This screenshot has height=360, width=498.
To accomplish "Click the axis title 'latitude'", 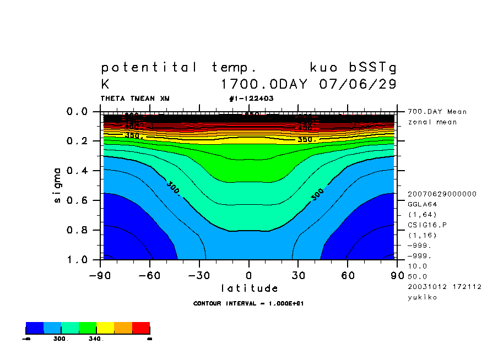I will point(250,288).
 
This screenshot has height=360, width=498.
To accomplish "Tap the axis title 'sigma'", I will point(58,186).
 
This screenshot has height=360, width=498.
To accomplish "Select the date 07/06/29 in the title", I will point(358,85).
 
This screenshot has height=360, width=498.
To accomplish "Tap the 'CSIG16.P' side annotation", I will point(426,225).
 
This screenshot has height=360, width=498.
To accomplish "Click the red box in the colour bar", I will point(141,329).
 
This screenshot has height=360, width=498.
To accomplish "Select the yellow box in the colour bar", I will point(106,329).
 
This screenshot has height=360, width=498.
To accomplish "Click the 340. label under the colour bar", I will point(96,339).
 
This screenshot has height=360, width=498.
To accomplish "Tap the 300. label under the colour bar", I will point(61,339).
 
